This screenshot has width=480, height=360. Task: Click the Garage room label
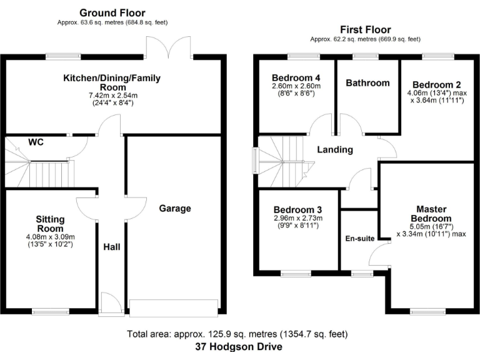174,208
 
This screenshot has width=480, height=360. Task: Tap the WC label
36,142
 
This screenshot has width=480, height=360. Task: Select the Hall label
111,247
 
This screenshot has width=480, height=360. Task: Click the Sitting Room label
49,223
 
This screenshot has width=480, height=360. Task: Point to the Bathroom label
367,82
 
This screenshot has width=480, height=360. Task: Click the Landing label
335,149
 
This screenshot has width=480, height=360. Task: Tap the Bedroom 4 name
296,77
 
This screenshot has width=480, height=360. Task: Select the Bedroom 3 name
297,209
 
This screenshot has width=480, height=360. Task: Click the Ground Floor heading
112,12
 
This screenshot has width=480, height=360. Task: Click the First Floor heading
365,29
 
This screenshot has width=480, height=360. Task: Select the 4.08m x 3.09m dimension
49,237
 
